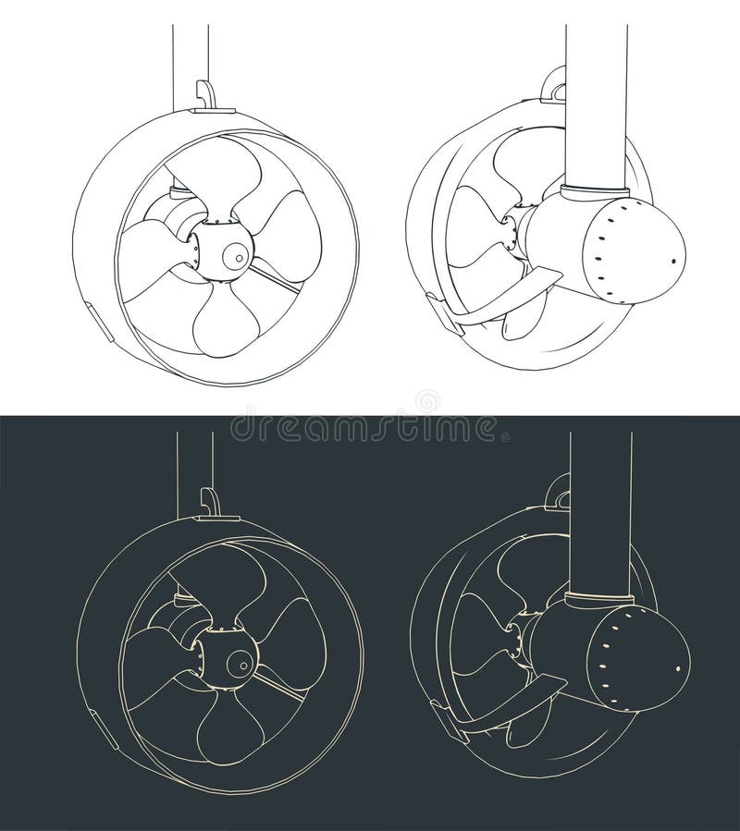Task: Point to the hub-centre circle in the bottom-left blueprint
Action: click(243, 660)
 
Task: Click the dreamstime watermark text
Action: click(369, 427)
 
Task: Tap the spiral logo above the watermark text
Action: click(427, 399)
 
